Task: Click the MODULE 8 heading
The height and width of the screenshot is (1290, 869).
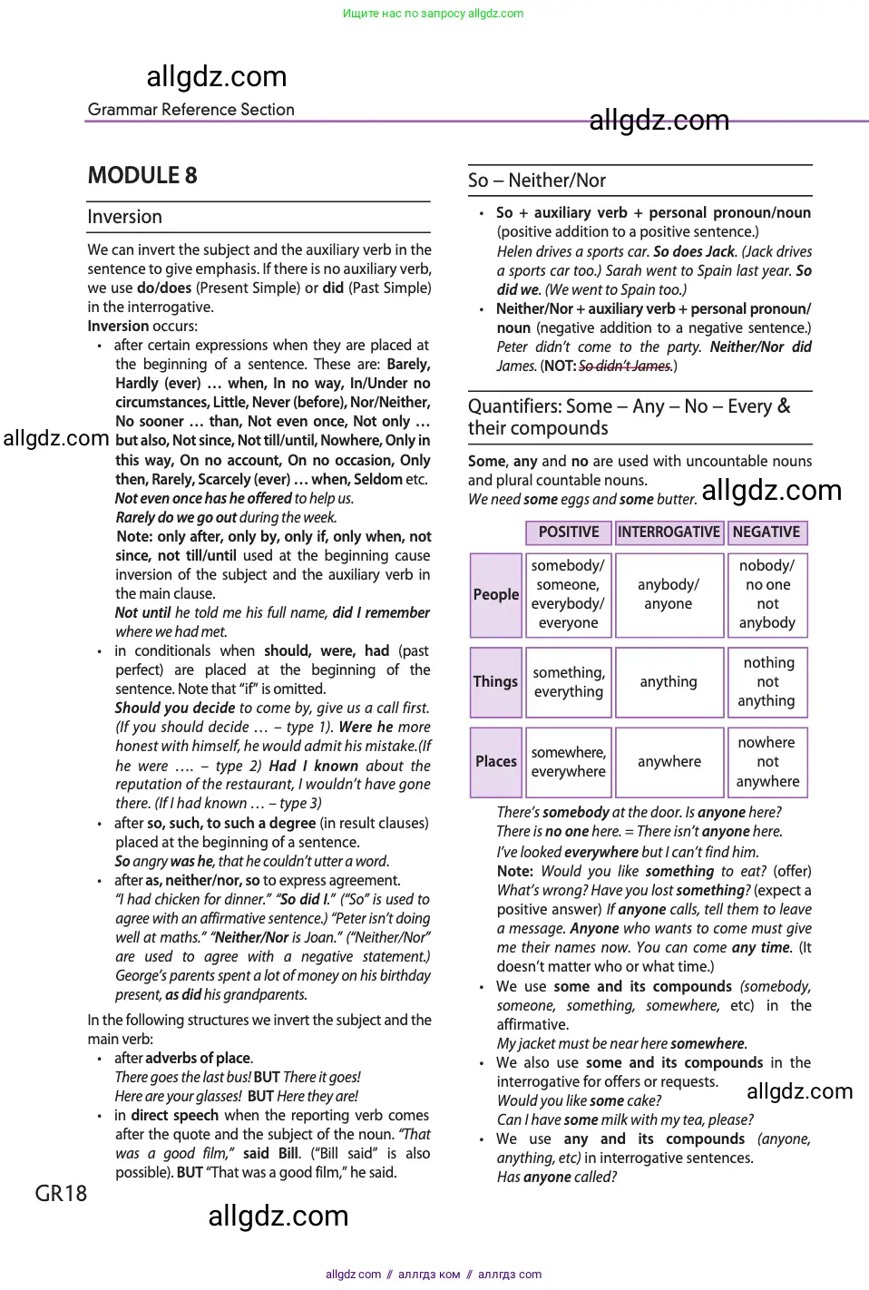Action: click(x=142, y=175)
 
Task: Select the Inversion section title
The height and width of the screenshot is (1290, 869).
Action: click(x=125, y=217)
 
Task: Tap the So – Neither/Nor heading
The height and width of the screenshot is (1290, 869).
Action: click(x=537, y=181)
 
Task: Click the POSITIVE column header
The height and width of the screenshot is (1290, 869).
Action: click(x=569, y=533)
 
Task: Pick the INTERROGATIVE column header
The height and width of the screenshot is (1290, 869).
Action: click(x=669, y=533)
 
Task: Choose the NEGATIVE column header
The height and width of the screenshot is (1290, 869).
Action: click(x=766, y=533)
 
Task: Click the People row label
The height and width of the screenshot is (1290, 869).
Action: click(x=496, y=594)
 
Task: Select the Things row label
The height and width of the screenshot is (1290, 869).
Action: click(x=495, y=681)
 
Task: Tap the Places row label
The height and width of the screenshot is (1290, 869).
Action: click(x=496, y=761)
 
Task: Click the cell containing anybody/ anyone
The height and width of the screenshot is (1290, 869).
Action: click(x=669, y=594)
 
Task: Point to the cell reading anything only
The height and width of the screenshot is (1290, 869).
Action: click(x=669, y=681)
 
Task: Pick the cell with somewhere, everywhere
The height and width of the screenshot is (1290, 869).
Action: click(x=569, y=761)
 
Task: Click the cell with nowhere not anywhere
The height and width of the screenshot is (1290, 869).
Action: click(x=767, y=761)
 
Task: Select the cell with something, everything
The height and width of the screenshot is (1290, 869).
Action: click(x=569, y=681)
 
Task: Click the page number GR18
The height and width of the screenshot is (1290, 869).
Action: click(x=61, y=1193)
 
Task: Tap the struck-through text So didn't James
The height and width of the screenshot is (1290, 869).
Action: click(x=625, y=366)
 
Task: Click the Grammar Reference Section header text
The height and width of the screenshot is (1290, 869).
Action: click(x=191, y=110)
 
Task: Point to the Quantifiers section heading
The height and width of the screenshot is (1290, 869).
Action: click(x=629, y=416)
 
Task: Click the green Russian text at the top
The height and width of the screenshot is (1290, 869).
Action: click(x=433, y=14)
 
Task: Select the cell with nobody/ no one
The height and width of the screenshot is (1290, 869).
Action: click(x=767, y=594)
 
